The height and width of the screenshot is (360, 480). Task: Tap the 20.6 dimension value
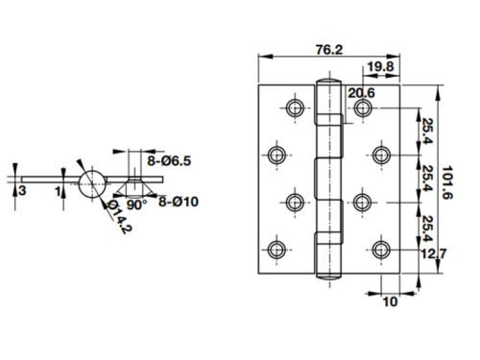coord(362,92)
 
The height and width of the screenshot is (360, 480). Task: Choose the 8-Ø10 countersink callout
coord(180,201)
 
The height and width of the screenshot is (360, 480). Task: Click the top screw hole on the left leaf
coord(294,108)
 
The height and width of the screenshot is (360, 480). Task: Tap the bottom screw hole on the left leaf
coord(278,249)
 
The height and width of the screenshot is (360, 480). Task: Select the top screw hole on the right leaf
coord(363,108)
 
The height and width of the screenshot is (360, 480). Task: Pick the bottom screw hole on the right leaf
coord(378,249)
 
